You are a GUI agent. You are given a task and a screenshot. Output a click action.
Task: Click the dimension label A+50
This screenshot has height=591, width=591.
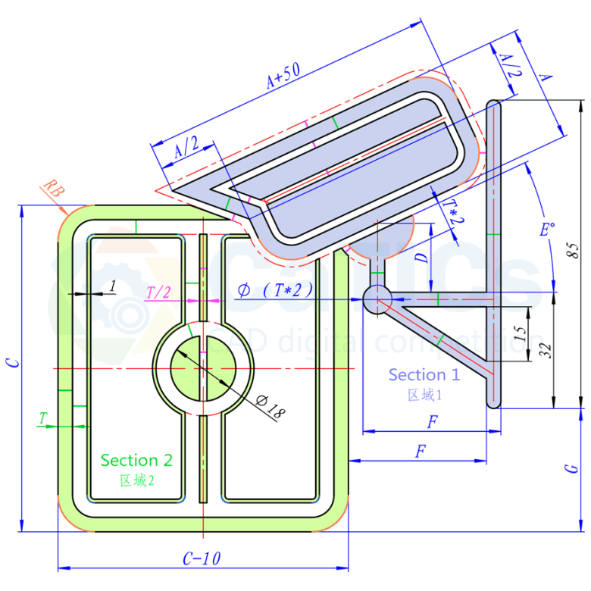283,76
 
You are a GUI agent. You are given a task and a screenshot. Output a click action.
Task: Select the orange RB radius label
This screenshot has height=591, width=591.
52,189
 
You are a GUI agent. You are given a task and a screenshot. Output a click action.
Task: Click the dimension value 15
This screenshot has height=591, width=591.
518,332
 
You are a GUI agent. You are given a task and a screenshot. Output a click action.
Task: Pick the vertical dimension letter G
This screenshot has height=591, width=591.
574,468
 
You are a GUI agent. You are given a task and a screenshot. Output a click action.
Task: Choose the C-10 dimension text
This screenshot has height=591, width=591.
202,558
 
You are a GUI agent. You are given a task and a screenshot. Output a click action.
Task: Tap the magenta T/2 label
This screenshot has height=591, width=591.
158,292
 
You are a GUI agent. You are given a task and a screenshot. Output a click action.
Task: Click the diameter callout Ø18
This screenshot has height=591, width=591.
270,410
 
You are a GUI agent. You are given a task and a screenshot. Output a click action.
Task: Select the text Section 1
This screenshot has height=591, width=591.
424,374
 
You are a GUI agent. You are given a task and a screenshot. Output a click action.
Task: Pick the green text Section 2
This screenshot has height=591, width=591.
136,460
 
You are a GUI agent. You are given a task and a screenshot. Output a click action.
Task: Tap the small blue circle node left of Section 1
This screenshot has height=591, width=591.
377,299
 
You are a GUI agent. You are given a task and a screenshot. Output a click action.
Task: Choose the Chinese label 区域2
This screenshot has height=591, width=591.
136,479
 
